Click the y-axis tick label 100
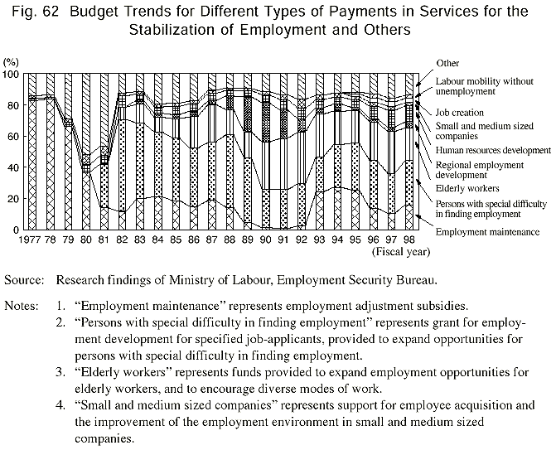click(11, 75)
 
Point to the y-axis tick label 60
click(13, 137)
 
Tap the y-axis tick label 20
click(13, 199)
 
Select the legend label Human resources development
click(496, 150)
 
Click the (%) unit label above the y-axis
click(12, 62)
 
